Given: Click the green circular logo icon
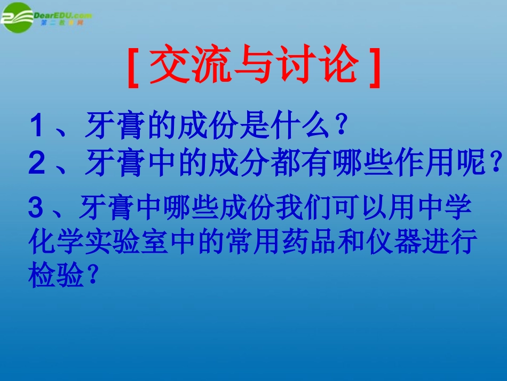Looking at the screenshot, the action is click(x=17, y=18).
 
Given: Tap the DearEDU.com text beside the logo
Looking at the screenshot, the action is click(x=63, y=15).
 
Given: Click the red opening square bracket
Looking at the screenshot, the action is click(x=133, y=68).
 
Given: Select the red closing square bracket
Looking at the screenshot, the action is click(x=375, y=68).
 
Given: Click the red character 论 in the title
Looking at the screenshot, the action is click(x=338, y=64).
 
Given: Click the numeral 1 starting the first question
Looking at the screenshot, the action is click(x=36, y=125).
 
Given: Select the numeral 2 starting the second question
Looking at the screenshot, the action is click(x=36, y=162).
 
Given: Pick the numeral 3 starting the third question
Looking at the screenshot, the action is click(x=36, y=207).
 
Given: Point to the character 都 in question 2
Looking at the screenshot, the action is click(x=285, y=162).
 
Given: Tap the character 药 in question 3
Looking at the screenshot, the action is click(x=296, y=242).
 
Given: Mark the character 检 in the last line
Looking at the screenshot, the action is click(x=42, y=275).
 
